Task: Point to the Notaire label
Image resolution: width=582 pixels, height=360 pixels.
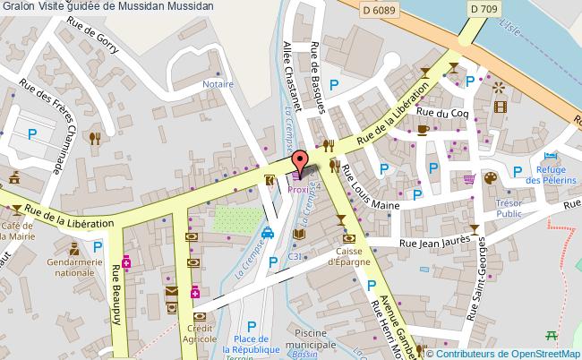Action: point(218,84)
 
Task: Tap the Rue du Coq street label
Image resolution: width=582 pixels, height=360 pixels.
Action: point(449,114)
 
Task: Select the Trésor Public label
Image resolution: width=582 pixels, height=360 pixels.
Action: point(509,208)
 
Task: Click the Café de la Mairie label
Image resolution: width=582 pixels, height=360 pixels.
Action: point(17,230)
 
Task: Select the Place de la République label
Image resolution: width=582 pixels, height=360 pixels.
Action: point(252,344)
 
